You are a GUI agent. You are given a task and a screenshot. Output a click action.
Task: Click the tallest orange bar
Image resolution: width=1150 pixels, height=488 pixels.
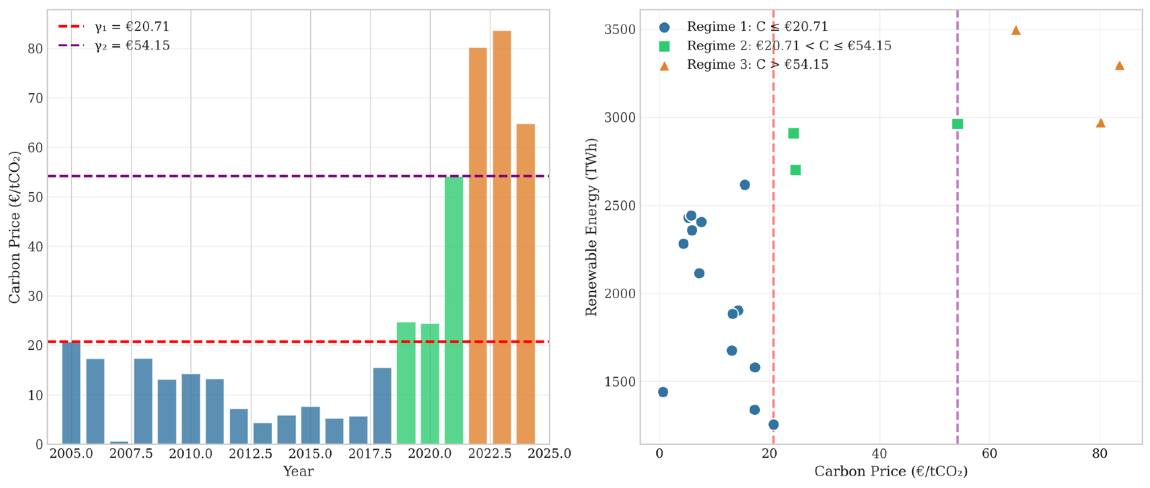click(501, 237)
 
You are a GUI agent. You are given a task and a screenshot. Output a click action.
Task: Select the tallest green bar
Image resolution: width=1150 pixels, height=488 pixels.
click(454, 310)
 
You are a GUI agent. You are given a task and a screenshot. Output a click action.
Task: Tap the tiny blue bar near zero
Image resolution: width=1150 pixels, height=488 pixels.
click(119, 442)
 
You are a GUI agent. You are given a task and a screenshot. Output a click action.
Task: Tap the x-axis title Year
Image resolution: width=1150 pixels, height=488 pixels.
click(298, 471)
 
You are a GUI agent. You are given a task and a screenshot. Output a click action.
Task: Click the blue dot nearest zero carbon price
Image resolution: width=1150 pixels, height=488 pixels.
click(663, 392)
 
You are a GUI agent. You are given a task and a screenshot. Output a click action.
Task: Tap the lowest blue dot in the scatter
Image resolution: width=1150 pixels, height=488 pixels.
click(774, 424)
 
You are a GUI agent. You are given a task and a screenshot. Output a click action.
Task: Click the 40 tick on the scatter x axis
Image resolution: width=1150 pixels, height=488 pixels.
click(879, 454)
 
